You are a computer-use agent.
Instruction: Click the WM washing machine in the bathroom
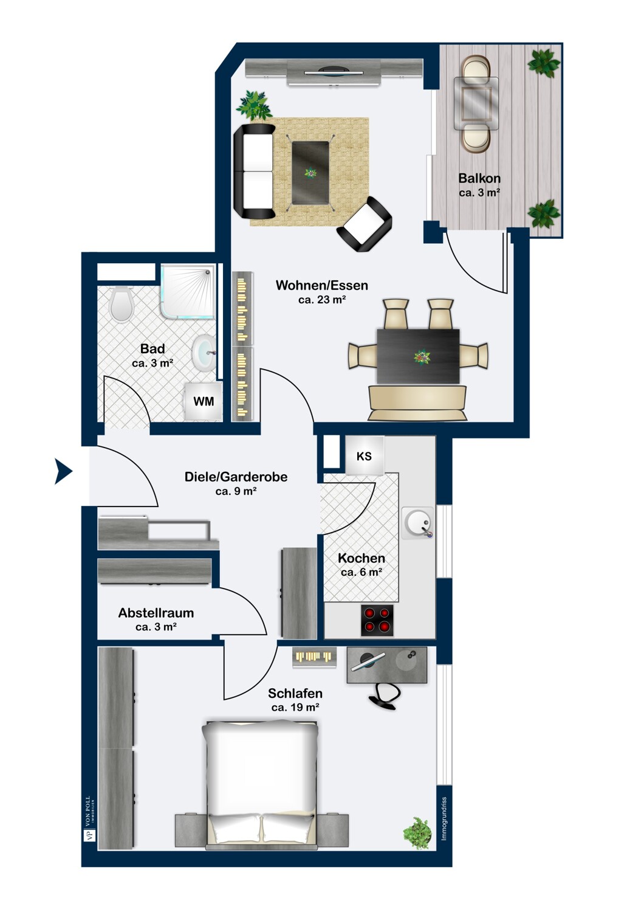[x=204, y=401]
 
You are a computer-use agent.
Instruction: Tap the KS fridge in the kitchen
[x=364, y=455]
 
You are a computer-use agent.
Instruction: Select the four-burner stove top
[x=377, y=620]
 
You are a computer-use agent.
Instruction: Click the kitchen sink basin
[x=418, y=523]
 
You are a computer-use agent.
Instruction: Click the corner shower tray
[x=188, y=291]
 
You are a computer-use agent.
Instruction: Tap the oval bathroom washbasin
[x=204, y=353]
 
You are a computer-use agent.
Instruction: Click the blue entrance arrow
[x=63, y=471]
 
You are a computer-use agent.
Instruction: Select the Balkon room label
[x=479, y=178]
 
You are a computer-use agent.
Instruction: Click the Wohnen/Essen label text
[x=322, y=285]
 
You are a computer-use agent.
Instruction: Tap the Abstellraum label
[x=156, y=613]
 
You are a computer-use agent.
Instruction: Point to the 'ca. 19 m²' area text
[x=295, y=708]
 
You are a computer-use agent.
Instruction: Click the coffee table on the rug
[x=310, y=173]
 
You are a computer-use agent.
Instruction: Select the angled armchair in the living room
[x=364, y=224]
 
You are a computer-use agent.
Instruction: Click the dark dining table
[x=418, y=356]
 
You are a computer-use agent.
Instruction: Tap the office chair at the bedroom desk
[x=385, y=697]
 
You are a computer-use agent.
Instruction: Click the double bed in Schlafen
[x=261, y=784]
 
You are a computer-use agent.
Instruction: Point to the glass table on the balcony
[x=476, y=103]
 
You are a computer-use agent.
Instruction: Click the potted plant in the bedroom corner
[x=417, y=833]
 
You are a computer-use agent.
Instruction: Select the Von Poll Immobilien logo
[x=89, y=818]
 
